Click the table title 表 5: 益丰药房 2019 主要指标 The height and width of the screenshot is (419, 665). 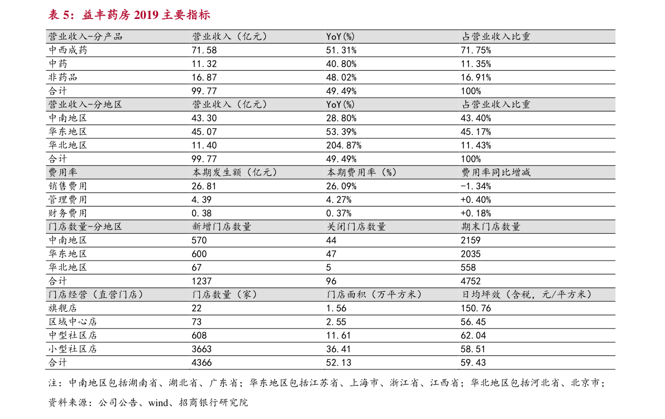point(129,15)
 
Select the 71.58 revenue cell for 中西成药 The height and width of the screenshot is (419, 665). point(204,50)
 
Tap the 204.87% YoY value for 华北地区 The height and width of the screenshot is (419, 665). point(343,145)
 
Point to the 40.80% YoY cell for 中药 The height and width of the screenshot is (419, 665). point(341,64)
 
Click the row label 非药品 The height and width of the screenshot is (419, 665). point(63,77)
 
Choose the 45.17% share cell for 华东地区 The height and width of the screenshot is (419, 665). point(476,132)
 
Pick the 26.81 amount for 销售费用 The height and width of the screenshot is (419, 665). point(204,186)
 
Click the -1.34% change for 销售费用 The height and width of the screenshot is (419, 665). point(476,186)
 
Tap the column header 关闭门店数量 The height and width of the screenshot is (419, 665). point(356,227)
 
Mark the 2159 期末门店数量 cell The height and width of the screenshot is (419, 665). point(471,240)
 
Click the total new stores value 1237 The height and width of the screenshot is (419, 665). point(202,281)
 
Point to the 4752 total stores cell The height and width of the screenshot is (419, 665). point(471,281)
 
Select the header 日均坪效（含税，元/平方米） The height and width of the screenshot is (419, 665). point(527,295)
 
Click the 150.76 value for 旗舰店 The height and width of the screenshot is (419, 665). point(473,308)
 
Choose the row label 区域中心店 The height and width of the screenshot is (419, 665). point(73,321)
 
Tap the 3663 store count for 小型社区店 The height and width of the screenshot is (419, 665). point(202,349)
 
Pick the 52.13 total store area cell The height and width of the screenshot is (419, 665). point(338,362)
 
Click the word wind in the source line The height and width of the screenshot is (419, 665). point(158,403)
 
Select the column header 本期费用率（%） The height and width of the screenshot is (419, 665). point(362,172)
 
